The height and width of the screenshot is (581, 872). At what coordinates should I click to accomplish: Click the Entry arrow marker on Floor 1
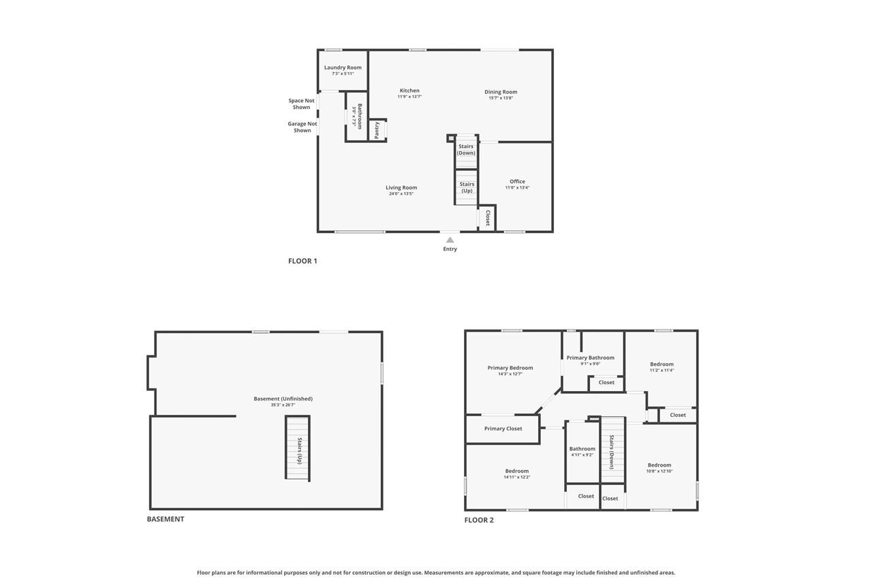click(x=450, y=240)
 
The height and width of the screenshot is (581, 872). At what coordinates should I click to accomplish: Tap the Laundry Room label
click(x=343, y=67)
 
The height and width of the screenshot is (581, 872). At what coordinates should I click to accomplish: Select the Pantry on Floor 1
click(x=377, y=130)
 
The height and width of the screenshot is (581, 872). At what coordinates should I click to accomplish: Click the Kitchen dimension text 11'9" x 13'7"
click(x=409, y=97)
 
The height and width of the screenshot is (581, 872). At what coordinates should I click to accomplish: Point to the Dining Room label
click(x=501, y=92)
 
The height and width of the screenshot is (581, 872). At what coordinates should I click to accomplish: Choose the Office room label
click(x=517, y=181)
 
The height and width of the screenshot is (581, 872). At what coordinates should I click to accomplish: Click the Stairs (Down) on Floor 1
click(x=467, y=151)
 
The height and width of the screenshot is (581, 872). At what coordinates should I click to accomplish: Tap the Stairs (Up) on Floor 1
click(x=467, y=187)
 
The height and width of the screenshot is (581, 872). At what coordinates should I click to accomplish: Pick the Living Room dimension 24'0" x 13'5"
click(x=401, y=194)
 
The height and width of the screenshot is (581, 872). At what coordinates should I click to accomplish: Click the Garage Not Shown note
click(x=302, y=127)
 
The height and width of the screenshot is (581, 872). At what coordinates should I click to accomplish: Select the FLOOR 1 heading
click(x=302, y=261)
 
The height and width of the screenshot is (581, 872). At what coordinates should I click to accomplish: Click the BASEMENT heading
click(x=166, y=519)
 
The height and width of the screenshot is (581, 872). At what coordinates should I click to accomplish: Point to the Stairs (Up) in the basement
click(x=298, y=448)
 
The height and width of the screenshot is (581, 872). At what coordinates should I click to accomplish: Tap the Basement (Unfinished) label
click(x=283, y=398)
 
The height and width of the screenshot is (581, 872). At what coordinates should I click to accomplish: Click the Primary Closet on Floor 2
click(x=503, y=429)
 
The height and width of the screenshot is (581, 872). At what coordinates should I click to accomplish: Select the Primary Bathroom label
click(x=591, y=358)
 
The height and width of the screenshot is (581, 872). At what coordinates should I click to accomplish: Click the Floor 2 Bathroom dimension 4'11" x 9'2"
click(x=582, y=455)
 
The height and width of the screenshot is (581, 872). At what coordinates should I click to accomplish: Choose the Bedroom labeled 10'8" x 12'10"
click(x=659, y=465)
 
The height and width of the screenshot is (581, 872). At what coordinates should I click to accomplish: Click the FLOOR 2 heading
click(x=479, y=520)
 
